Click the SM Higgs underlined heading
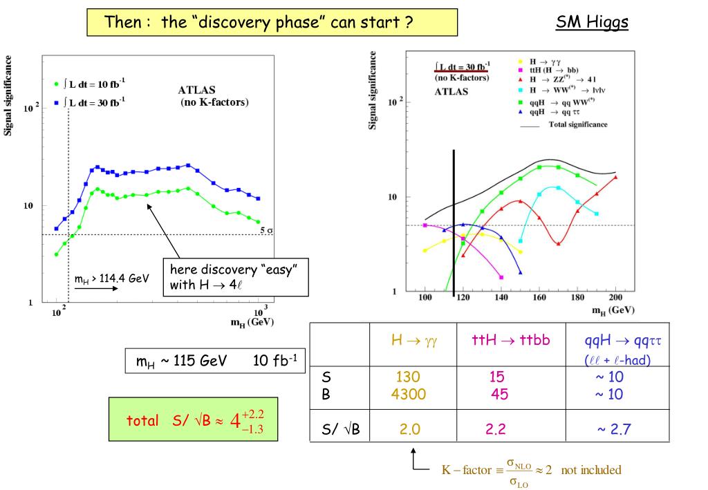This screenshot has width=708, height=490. [592, 23]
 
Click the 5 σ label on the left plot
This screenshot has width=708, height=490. [265, 230]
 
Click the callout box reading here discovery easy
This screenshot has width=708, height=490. [235, 277]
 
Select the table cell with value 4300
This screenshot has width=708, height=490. [408, 395]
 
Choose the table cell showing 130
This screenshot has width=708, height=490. [408, 377]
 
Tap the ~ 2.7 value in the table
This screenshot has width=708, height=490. [614, 430]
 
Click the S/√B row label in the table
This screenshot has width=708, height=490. [341, 430]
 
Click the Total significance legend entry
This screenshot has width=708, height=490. [577, 125]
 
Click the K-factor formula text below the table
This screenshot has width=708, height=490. [531, 471]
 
